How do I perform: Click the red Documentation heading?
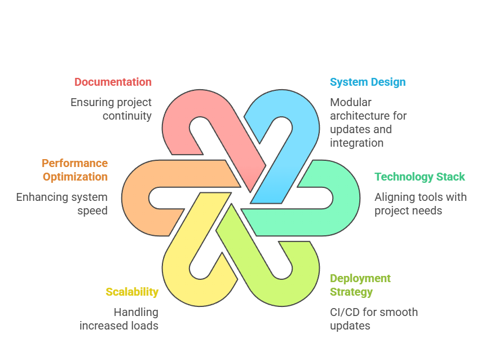click(x=113, y=82)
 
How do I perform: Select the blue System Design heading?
click(x=367, y=82)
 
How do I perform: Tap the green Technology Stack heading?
click(x=420, y=177)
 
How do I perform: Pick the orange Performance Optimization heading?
click(x=74, y=170)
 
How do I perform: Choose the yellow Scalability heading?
click(x=132, y=292)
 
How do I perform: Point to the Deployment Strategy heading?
click(x=360, y=285)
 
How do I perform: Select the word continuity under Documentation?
click(x=127, y=116)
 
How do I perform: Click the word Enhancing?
click(x=41, y=197)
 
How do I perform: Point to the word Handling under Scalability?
click(x=135, y=312)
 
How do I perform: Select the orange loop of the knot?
click(x=135, y=197)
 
